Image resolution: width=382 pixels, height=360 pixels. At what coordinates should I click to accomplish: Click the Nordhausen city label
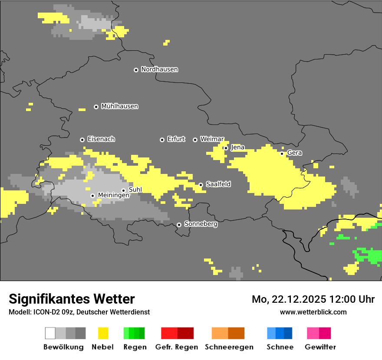pyautogui.click(x=159, y=69)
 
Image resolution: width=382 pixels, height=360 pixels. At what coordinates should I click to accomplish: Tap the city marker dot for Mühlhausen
pyautogui.click(x=96, y=107)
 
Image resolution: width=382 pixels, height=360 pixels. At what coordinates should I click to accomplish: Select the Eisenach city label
pyautogui.click(x=101, y=139)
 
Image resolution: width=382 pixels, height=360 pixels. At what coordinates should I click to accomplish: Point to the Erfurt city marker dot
pyautogui.click(x=162, y=140)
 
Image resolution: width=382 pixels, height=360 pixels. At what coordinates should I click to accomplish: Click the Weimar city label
pyautogui.click(x=212, y=139)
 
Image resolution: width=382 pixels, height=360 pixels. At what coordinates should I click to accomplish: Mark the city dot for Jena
pyautogui.click(x=226, y=148)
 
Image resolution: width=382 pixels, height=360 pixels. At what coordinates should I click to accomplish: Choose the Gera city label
pyautogui.click(x=294, y=153)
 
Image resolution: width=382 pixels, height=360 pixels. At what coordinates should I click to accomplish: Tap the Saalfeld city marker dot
pyautogui.click(x=201, y=185)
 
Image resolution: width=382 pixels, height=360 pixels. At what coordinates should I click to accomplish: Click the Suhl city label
pyautogui.click(x=135, y=190)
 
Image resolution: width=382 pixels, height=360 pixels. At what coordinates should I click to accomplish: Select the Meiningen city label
pyautogui.click(x=113, y=196)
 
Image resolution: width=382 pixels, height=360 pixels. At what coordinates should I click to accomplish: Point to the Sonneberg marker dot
pyautogui.click(x=179, y=225)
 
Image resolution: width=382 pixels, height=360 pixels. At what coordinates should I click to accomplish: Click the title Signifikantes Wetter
pyautogui.click(x=72, y=299)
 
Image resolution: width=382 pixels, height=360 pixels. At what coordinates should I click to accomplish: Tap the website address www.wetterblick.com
pyautogui.click(x=313, y=312)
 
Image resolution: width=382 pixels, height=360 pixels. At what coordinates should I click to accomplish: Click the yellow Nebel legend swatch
pyautogui.click(x=103, y=333)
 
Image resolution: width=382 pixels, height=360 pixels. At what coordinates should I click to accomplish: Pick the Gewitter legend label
pyautogui.click(x=320, y=347)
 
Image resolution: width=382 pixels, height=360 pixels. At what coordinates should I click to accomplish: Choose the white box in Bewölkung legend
pyautogui.click(x=50, y=333)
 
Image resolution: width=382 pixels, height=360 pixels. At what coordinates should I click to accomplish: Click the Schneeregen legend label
pyautogui.click(x=229, y=347)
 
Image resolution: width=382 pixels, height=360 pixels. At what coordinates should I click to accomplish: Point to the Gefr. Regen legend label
pyautogui.click(x=177, y=347)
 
